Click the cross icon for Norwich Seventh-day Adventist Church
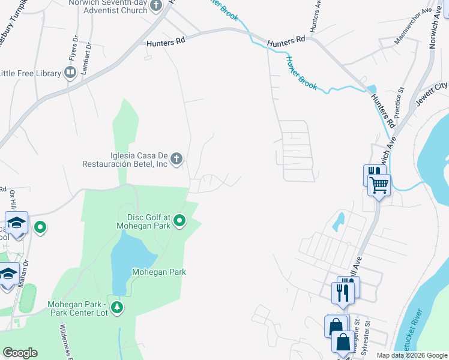(156, 6)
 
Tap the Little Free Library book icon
(70, 73)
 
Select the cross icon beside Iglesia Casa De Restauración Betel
(176, 159)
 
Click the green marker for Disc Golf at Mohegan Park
(179, 223)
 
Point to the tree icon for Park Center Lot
(116, 308)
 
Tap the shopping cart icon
(379, 185)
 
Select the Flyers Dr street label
(74, 48)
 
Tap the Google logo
(20, 352)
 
